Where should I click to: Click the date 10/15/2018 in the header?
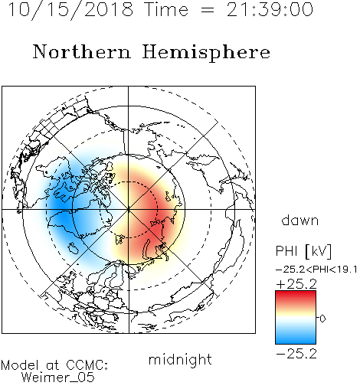pyautogui.click(x=70, y=10)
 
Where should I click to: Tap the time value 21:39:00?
pyautogui.click(x=270, y=9)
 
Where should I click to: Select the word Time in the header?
pyautogui.click(x=166, y=9)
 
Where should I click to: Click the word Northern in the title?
pyautogui.click(x=82, y=51)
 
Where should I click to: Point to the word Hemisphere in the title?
pyautogui.click(x=206, y=52)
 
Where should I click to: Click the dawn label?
pyautogui.click(x=300, y=220)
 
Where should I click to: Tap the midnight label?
pyautogui.click(x=180, y=359)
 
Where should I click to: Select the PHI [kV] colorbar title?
pyautogui.click(x=303, y=251)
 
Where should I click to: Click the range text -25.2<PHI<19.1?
pyautogui.click(x=316, y=270)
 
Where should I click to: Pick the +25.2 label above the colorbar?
pyautogui.click(x=296, y=284)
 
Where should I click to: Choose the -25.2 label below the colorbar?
pyautogui.click(x=296, y=354)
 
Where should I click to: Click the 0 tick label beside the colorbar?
pyautogui.click(x=322, y=319)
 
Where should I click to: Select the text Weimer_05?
pyautogui.click(x=58, y=378)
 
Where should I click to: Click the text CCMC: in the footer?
pyautogui.click(x=87, y=365)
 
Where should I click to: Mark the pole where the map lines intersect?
pyautogui.click(x=129, y=209)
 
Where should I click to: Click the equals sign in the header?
pyautogui.click(x=207, y=10)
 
